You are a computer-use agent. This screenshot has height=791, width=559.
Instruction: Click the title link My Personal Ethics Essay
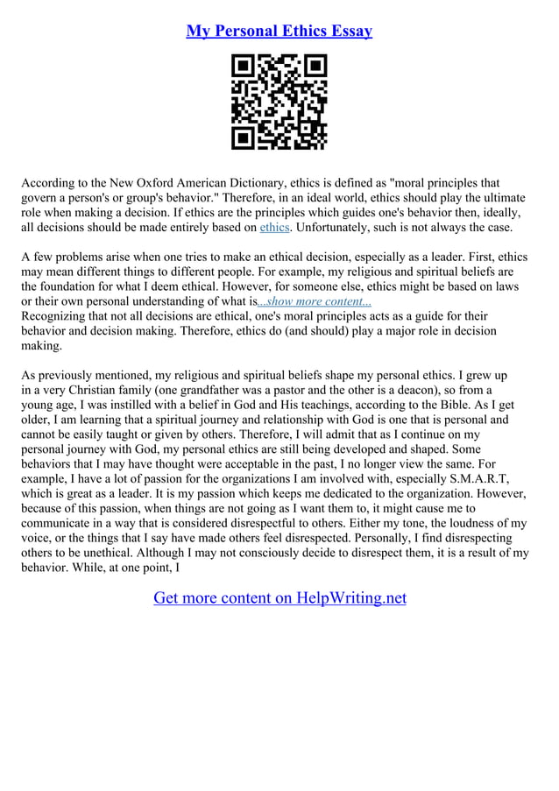point(279,32)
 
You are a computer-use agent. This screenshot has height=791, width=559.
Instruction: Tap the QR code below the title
point(279,102)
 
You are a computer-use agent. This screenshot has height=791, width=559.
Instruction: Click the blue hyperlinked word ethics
point(274,228)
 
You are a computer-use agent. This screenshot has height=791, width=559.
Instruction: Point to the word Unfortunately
point(337,228)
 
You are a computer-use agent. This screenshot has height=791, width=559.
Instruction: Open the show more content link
point(315,302)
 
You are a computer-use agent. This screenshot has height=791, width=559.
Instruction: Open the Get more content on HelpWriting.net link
point(279,598)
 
